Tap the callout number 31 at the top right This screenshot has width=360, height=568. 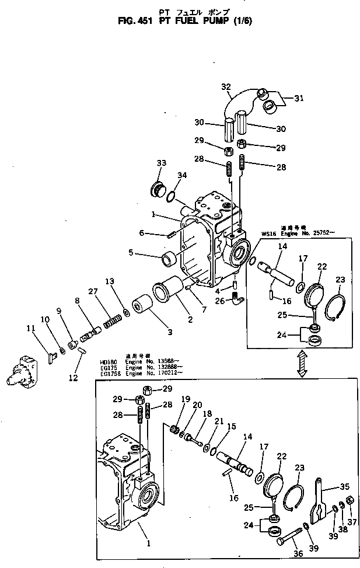tap(299, 98)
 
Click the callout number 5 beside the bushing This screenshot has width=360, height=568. tap(132, 253)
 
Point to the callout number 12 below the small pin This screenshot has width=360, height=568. tap(73, 378)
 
